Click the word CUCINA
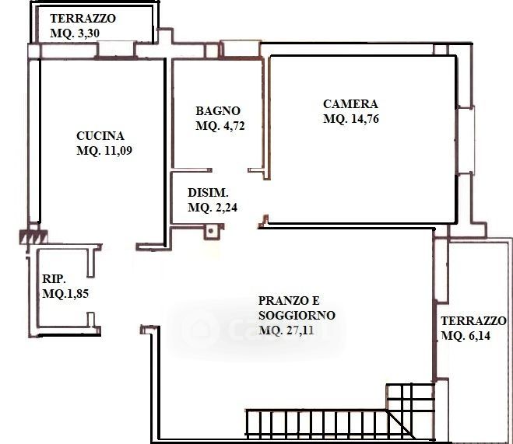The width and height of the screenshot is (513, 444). tap(100, 135)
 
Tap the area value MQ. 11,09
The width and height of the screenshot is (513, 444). tap(104, 151)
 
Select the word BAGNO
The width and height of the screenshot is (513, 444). tap(218, 110)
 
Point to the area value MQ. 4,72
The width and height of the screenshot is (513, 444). tap(220, 126)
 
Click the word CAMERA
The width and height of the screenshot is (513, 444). tap(350, 104)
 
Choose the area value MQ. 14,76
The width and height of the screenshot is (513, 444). tap(351, 119)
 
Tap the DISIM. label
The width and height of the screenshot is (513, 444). tap(208, 192)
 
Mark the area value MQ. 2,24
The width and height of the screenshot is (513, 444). tap(213, 208)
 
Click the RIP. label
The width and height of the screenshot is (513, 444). tap(54, 278)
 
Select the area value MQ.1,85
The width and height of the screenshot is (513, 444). tap(65, 293)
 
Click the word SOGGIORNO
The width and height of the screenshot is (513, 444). tap(297, 315)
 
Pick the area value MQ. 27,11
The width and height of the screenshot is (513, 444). tap(286, 330)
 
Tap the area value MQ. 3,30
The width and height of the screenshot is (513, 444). tap(75, 33)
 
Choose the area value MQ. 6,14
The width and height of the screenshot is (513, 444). tap(466, 336)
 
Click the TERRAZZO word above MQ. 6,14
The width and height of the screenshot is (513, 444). tap(473, 321)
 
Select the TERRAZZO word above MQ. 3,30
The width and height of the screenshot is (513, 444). tap(83, 19)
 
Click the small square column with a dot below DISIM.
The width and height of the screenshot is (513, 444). tap(211, 231)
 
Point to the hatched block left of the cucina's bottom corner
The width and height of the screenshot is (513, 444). tap(33, 237)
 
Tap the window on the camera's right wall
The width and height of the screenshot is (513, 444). tap(466, 140)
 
